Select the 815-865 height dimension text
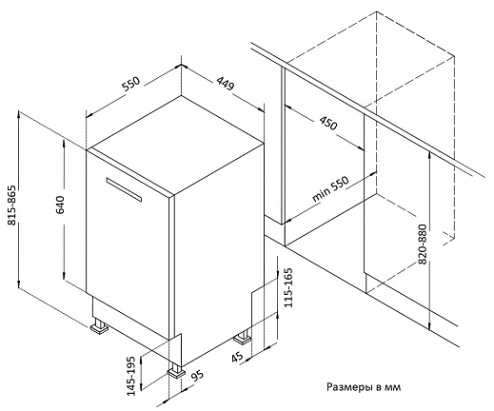(12, 205)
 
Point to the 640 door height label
(60, 205)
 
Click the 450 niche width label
(327, 123)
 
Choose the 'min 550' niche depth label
(330, 189)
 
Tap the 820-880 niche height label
(423, 245)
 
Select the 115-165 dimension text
(288, 287)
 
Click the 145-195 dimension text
(131, 377)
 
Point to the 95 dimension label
(198, 376)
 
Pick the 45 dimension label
(237, 357)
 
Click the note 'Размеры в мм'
(364, 387)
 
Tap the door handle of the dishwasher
(124, 189)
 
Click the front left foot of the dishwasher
(99, 325)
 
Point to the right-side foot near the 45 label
(243, 337)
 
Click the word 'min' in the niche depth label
(320, 195)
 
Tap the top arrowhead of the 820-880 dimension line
(429, 154)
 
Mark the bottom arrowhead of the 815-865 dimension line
(19, 285)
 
